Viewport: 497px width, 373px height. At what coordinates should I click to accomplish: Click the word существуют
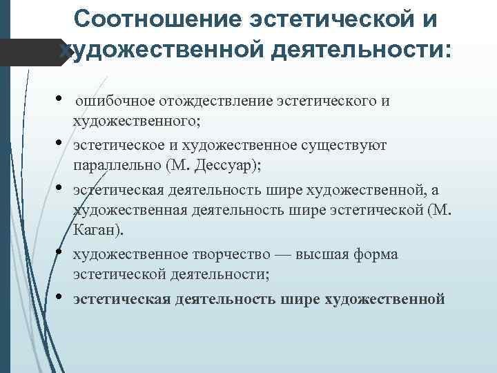pos(349,146)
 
